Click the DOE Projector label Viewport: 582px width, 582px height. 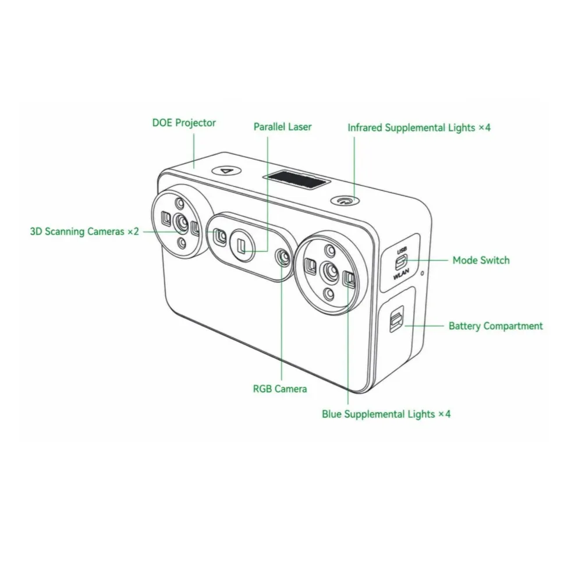(184, 123)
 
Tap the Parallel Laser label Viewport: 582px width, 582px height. (282, 127)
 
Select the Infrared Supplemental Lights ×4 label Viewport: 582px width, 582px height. (418, 127)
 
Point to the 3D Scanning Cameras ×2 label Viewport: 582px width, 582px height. (84, 232)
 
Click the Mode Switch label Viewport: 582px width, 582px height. (481, 260)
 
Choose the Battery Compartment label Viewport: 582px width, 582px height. (495, 326)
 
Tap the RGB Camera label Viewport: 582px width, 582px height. (280, 389)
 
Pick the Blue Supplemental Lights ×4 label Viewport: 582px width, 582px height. (386, 414)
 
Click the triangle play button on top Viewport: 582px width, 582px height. (226, 171)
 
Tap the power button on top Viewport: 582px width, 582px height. (345, 201)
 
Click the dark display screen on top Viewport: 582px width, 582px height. (297, 179)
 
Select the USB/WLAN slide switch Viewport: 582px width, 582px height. (401, 262)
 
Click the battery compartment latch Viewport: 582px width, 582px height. (396, 319)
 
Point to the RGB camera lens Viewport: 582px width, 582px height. (283, 257)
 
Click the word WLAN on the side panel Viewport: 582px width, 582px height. (402, 275)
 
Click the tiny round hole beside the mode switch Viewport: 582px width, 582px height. (422, 273)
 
